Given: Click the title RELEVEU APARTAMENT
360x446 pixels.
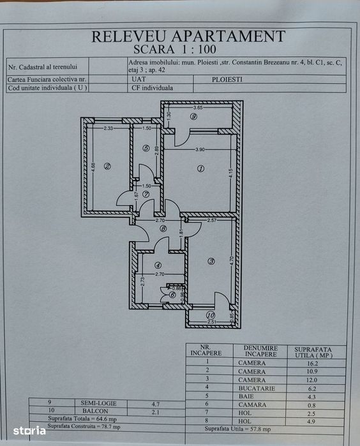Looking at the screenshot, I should tap(187, 36).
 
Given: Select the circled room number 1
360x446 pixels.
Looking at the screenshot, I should tap(200, 168).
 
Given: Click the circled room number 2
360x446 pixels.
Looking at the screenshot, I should tap(107, 167).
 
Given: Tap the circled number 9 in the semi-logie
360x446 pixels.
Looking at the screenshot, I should tap(193, 117).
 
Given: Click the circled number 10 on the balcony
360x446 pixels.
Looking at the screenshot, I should tap(211, 315).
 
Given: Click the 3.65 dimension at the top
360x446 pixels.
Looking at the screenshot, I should tap(198, 108).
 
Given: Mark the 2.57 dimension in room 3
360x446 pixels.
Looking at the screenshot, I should tap(212, 220).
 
